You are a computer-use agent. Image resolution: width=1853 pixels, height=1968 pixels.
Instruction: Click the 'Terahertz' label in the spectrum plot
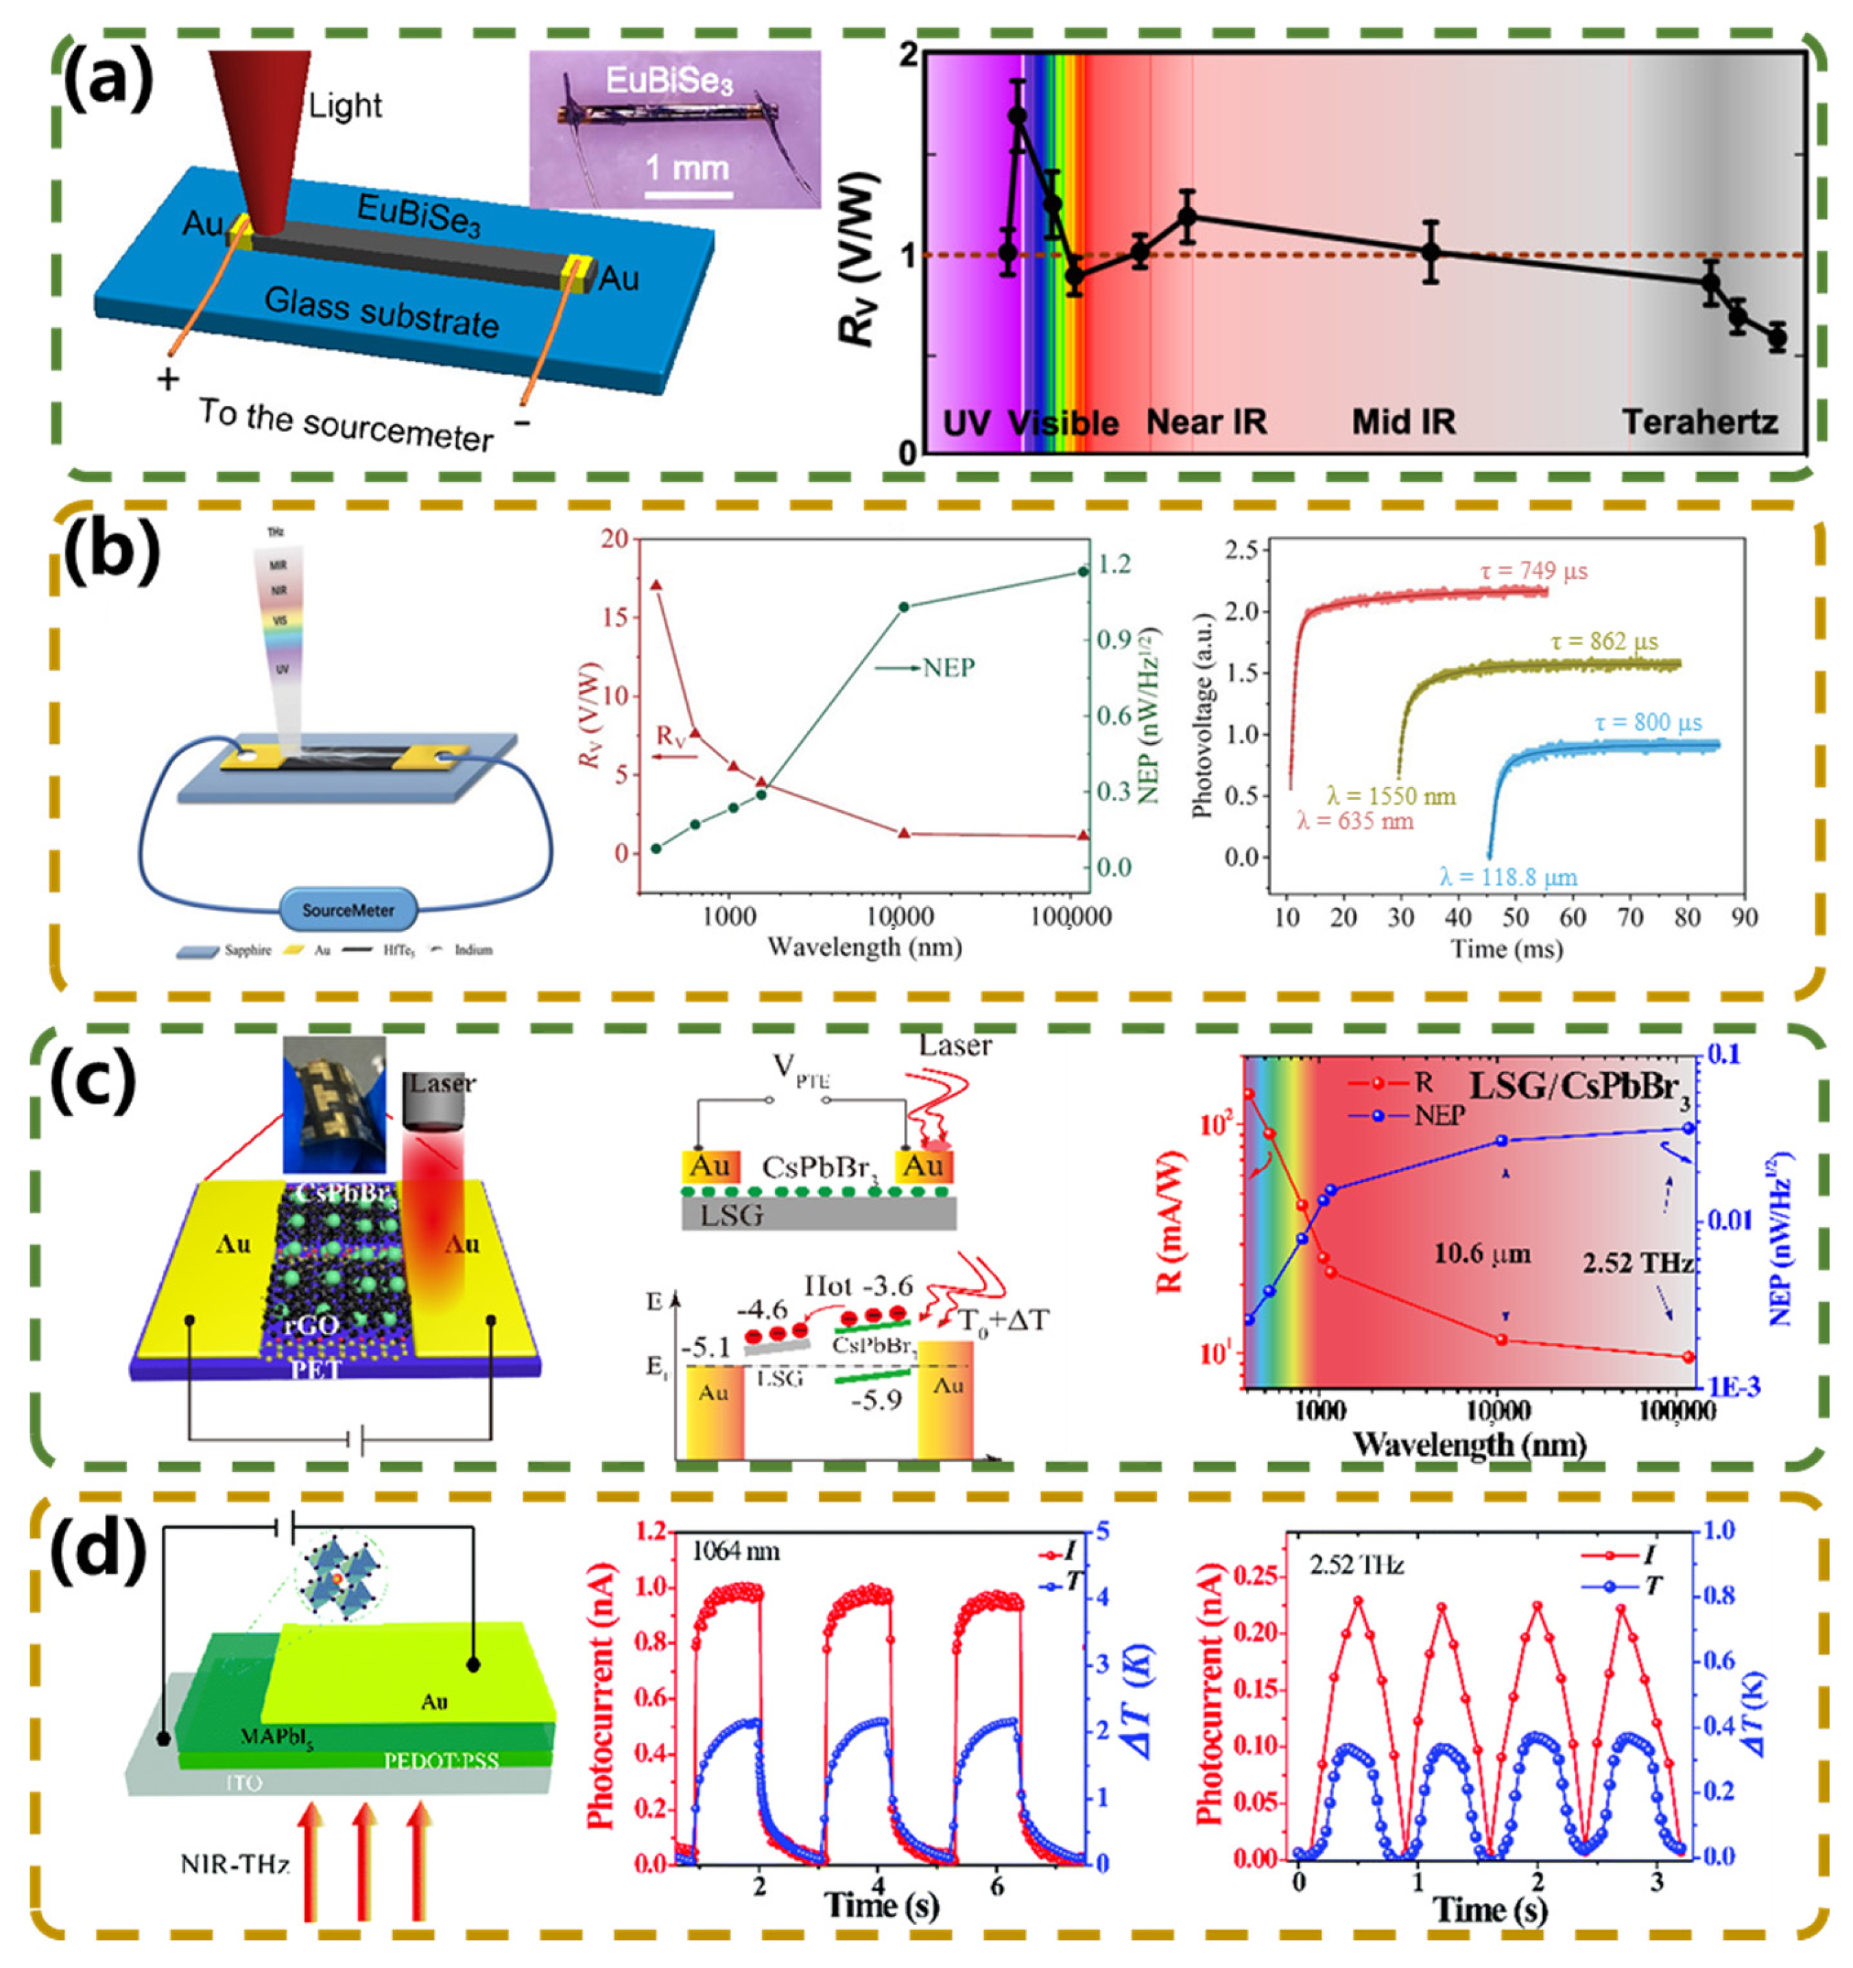click(x=1699, y=423)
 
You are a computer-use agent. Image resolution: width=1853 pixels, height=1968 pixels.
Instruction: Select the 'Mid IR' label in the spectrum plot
click(x=1404, y=423)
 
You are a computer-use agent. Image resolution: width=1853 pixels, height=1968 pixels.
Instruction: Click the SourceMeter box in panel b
click(x=348, y=910)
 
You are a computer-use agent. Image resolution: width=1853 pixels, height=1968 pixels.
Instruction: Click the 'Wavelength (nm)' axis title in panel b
click(x=864, y=947)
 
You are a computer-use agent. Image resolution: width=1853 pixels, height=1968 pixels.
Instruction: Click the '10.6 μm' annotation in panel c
click(x=1482, y=1254)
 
